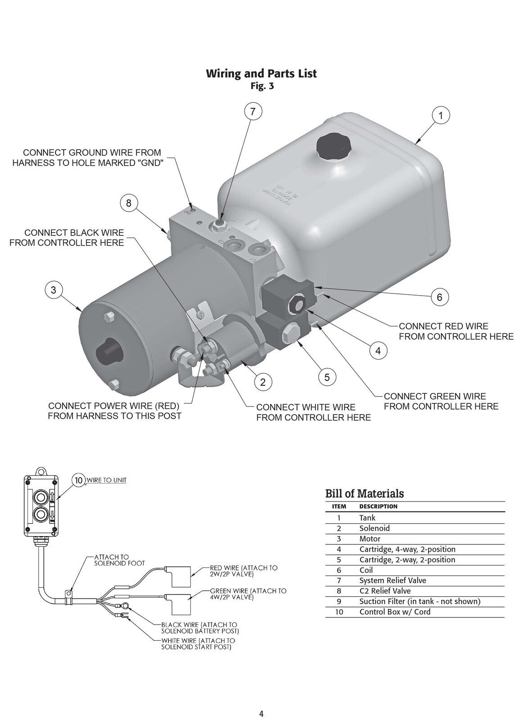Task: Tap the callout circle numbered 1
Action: (441, 116)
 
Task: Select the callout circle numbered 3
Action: (54, 290)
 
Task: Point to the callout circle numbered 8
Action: (129, 203)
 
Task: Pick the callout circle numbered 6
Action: (440, 297)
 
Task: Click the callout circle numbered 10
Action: (79, 480)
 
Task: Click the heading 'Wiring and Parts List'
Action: (262, 73)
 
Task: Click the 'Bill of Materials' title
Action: (364, 493)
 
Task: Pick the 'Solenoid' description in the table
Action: (374, 528)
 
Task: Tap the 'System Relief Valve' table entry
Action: (393, 580)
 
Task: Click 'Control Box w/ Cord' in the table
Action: (395, 611)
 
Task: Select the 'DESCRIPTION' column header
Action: (378, 507)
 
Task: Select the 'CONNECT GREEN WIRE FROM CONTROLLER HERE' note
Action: (441, 401)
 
